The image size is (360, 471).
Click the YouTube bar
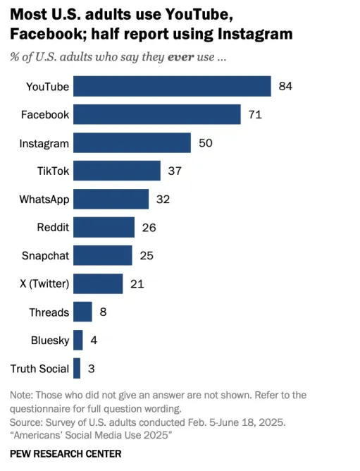pos(172,86)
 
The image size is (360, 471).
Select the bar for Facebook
pos(157,114)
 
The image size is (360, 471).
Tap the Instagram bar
pos(132,142)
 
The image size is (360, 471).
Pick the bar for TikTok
pos(117,171)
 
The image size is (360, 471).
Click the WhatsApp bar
pos(111,199)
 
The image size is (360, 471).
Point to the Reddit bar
pos(104,227)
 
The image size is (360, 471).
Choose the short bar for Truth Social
pos(77,368)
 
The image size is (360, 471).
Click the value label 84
pos(285,86)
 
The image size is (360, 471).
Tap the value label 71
pos(255,114)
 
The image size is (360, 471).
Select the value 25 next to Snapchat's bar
pos(146,255)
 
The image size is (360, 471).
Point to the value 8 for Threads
pos(103,312)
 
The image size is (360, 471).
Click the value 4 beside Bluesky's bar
pos(94,340)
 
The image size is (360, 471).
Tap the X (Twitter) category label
pos(44,284)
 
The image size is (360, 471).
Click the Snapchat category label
pos(44,256)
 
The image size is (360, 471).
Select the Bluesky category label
pos(50,341)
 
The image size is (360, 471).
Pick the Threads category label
pos(49,312)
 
